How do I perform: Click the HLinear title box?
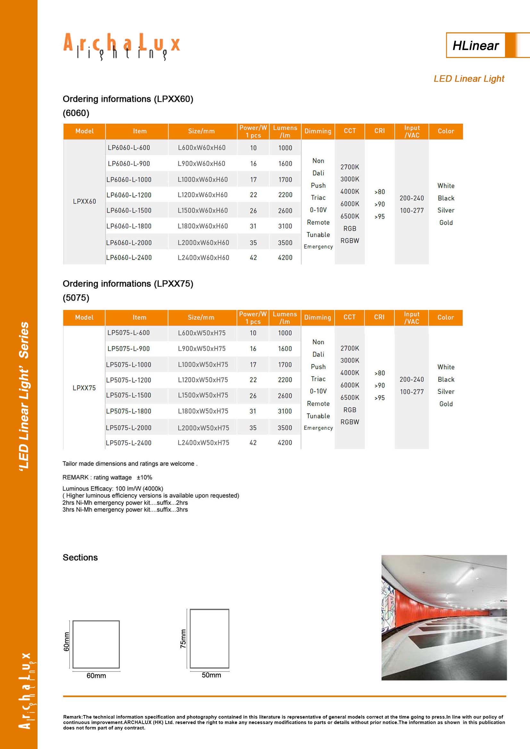tap(476, 45)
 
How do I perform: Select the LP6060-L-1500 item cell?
tap(129, 210)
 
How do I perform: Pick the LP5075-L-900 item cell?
tap(128, 349)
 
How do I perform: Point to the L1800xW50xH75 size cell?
tap(203, 411)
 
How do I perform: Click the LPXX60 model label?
tap(84, 202)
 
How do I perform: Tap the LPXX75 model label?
tap(84, 388)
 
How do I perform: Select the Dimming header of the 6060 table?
tap(318, 131)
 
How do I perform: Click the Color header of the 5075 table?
tap(445, 317)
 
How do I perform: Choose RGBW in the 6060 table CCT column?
tap(350, 241)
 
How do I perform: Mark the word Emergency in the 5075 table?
tap(318, 428)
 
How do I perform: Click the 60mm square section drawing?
tap(96, 645)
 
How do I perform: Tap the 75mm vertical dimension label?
tap(183, 639)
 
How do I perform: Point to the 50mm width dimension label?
tap(211, 675)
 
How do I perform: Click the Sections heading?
tap(80, 558)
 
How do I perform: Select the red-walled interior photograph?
tap(444, 617)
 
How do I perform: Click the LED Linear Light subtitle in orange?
tap(469, 79)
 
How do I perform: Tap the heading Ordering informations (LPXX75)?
tap(128, 284)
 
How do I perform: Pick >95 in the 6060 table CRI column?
tap(379, 216)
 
